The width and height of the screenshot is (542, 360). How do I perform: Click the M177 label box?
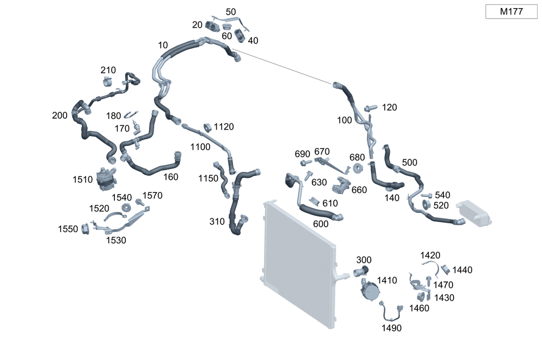click(511, 11)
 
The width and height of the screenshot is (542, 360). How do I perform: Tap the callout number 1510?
click(83, 179)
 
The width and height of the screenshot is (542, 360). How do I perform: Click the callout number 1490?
click(391, 327)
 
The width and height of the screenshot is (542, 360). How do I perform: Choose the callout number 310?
click(217, 221)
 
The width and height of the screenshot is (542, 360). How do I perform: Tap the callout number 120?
click(389, 107)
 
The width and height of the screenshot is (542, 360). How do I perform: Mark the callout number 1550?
click(68, 229)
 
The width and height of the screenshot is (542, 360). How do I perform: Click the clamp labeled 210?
click(107, 82)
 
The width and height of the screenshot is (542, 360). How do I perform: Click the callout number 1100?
click(200, 147)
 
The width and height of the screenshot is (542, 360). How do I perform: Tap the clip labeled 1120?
click(207, 128)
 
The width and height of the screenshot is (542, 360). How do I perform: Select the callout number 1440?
click(462, 269)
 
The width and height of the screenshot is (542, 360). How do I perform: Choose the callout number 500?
click(410, 163)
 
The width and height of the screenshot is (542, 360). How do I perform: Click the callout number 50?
click(230, 11)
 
